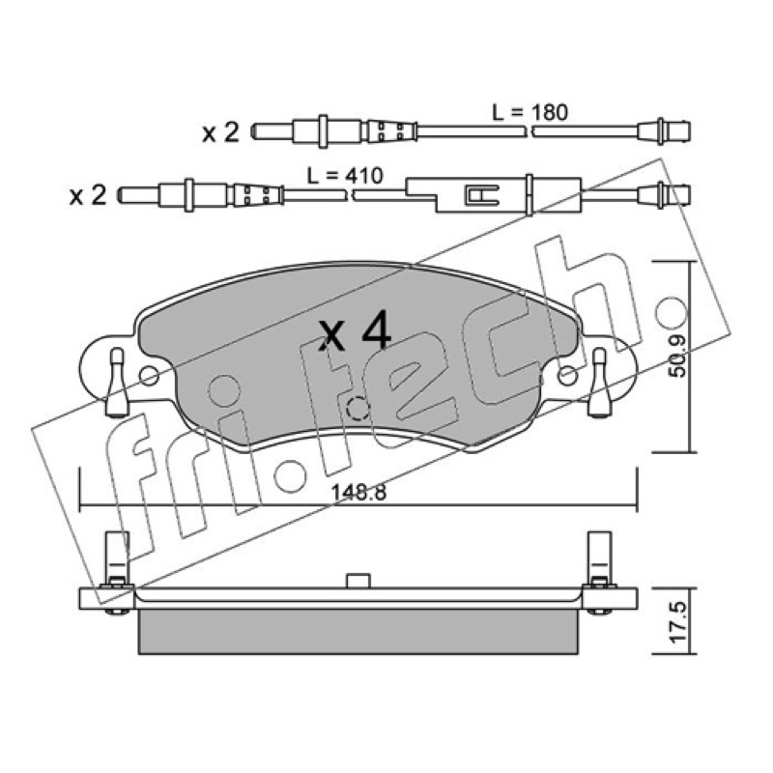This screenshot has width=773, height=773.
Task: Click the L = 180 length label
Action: pos(530,113)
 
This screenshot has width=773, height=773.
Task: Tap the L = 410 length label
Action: pos(345,176)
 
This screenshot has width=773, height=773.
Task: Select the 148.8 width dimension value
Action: pos(358,493)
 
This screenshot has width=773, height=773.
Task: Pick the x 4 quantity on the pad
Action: pos(355,334)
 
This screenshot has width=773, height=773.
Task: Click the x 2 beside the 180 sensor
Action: pos(221,132)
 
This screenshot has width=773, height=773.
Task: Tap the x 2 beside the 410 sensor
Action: pos(88,196)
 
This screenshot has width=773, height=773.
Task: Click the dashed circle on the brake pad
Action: pos(358,408)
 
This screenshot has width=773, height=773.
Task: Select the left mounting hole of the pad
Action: pos(149,376)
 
